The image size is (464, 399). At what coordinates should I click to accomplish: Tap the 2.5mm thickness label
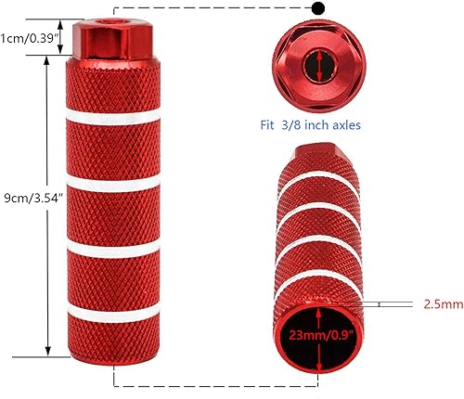click(441, 302)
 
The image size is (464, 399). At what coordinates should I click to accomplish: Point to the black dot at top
click(319, 8)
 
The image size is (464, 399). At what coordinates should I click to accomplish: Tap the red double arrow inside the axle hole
click(317, 66)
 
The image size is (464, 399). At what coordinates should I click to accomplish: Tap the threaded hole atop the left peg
click(116, 17)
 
